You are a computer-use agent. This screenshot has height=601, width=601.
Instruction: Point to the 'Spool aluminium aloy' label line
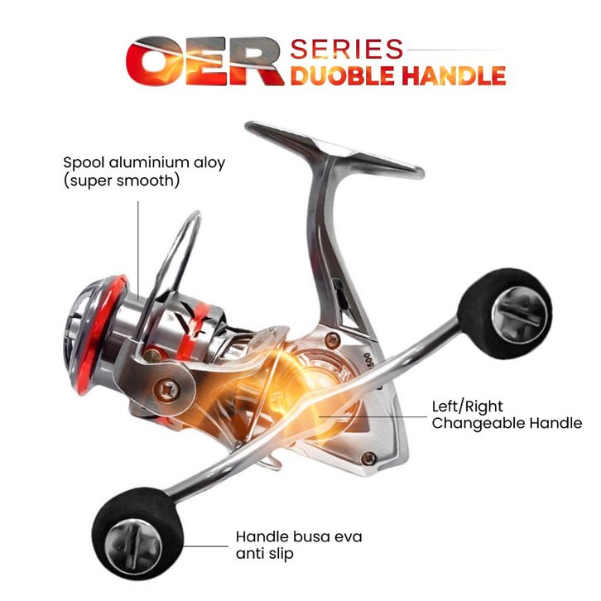144,162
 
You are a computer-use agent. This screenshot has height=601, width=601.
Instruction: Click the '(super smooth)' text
121,180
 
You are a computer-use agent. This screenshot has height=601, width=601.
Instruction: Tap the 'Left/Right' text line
469,406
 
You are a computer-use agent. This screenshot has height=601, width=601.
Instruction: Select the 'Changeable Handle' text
507,424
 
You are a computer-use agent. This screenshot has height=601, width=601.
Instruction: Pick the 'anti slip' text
264,553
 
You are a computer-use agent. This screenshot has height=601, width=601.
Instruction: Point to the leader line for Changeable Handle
397,416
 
